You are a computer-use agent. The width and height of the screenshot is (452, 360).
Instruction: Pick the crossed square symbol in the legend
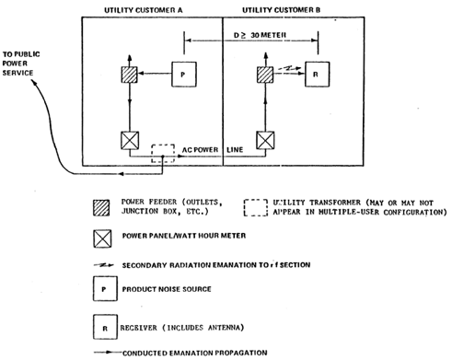[100, 238]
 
